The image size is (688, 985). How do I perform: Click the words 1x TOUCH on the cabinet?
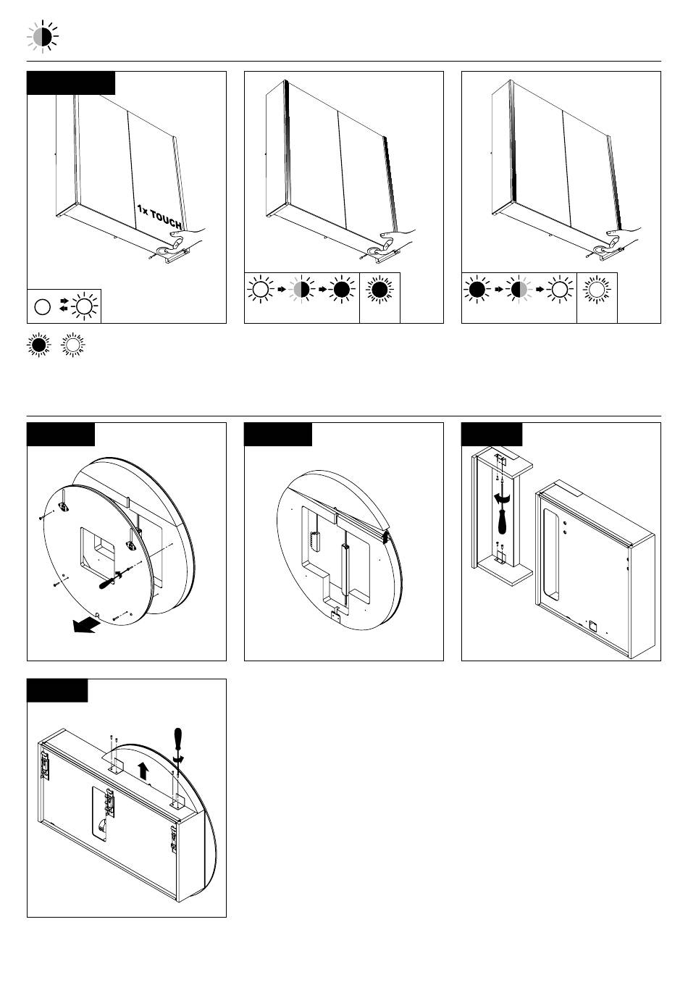[159, 217]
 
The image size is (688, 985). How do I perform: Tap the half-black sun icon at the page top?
[43, 36]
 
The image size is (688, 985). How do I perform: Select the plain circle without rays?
[43, 307]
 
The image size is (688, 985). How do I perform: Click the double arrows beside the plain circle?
[64, 305]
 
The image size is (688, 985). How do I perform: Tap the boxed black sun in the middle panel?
[379, 290]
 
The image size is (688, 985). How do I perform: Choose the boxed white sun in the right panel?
[597, 290]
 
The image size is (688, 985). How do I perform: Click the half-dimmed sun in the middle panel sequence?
[301, 290]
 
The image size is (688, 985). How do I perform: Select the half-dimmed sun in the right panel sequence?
[519, 290]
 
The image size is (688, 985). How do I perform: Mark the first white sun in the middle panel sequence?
[261, 290]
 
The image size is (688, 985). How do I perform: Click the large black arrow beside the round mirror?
[85, 624]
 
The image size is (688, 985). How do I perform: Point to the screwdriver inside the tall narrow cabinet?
[502, 513]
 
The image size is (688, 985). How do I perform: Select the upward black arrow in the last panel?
[143, 771]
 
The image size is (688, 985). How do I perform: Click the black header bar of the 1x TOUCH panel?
[71, 83]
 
